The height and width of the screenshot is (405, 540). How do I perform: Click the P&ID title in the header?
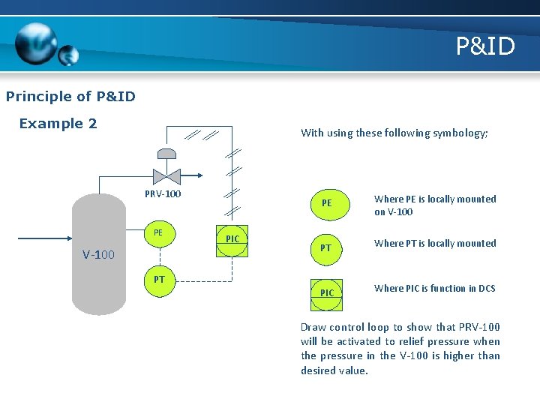pyautogui.click(x=485, y=46)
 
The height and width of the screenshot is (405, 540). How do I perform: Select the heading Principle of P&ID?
pyautogui.click(x=70, y=96)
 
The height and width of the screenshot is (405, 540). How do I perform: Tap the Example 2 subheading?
pyautogui.click(x=58, y=124)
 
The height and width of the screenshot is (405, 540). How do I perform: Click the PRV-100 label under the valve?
pyautogui.click(x=162, y=195)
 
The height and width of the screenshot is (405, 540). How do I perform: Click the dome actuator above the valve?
pyautogui.click(x=164, y=154)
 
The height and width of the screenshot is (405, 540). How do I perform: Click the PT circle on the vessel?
pyautogui.click(x=158, y=280)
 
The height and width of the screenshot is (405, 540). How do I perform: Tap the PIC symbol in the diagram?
pyautogui.click(x=232, y=240)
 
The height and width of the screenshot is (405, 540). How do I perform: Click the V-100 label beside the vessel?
pyautogui.click(x=98, y=255)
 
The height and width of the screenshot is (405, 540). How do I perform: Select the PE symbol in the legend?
pyautogui.click(x=326, y=203)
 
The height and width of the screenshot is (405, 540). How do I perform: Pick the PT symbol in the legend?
pyautogui.click(x=326, y=247)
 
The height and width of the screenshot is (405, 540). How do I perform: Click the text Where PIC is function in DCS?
pyautogui.click(x=435, y=288)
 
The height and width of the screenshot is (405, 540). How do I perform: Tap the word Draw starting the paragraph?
pyautogui.click(x=313, y=327)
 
